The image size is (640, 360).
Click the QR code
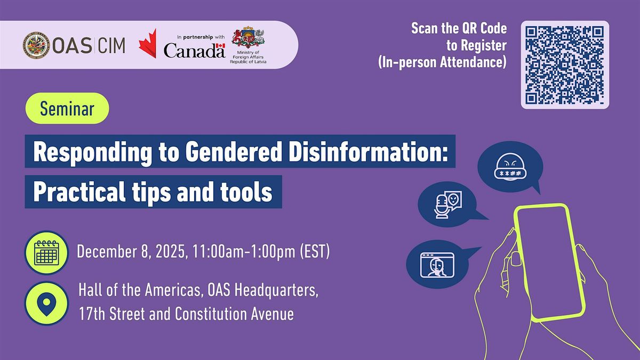[565, 65]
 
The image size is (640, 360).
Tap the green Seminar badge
[67, 108]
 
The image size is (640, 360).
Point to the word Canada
[194, 51]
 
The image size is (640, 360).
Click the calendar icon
[46, 253]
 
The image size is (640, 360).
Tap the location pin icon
[46, 303]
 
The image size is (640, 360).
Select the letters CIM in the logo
[111, 46]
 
